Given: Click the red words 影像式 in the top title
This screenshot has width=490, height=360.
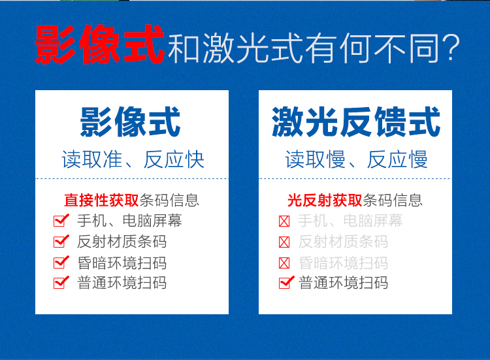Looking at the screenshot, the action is pos(100,44).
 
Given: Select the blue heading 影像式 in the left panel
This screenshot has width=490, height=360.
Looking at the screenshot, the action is pos(130,122).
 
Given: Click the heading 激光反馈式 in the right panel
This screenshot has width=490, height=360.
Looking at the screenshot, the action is pos(356,122).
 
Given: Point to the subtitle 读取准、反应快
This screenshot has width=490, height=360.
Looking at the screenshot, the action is pos(133,159).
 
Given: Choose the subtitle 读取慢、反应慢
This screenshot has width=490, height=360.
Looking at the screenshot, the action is pos(356,159).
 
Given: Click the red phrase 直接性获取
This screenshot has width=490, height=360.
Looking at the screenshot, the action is pos(101,201).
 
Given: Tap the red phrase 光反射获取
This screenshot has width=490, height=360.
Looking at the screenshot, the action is pos(325,201).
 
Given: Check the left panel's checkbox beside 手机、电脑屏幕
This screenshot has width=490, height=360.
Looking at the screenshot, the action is pos(61,220).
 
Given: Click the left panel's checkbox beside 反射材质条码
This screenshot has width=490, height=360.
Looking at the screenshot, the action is pos(61,242).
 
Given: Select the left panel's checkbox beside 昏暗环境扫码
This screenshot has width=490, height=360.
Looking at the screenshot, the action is pos(61,263).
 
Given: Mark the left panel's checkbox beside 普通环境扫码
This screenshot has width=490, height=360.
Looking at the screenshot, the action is pos(61,283).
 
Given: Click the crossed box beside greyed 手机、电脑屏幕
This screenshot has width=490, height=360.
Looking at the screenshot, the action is pos(284,221).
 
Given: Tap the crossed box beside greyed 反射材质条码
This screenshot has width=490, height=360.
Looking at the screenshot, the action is pos(284,242).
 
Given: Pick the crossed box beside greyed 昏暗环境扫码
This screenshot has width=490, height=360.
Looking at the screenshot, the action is pos(284,263).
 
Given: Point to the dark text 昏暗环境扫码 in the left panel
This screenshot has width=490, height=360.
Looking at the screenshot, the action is pos(122,263).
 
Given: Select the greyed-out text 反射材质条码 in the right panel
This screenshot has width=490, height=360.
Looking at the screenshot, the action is pos(343,242).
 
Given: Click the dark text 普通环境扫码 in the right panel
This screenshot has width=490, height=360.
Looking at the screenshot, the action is pos(343,283).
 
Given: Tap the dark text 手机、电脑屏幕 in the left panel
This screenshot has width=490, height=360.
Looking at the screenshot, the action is pos(129,221).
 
